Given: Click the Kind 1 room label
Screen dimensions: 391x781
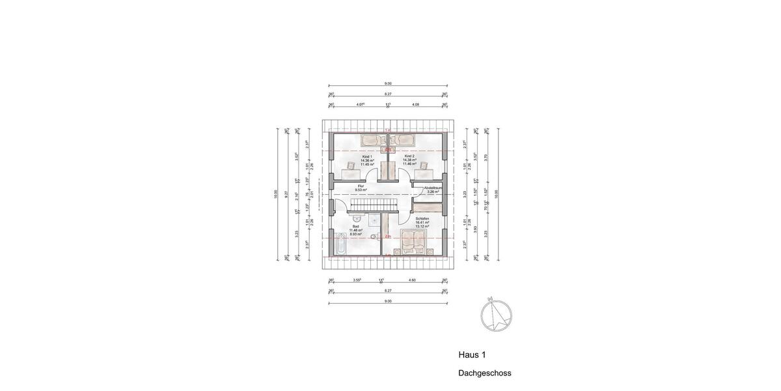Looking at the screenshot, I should [366, 157].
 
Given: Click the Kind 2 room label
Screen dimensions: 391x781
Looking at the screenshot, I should [409, 157].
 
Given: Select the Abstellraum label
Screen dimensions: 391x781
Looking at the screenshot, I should [433, 189].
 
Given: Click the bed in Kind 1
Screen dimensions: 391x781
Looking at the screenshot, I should [374, 139].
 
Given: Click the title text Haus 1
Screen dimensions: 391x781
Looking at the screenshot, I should [473, 355].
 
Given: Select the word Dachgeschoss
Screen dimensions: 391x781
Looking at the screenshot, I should [485, 373].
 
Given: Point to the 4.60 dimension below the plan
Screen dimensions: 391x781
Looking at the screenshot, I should [412, 280].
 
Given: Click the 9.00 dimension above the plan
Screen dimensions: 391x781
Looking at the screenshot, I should [388, 84].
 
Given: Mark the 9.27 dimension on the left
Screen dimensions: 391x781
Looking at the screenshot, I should [286, 194].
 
